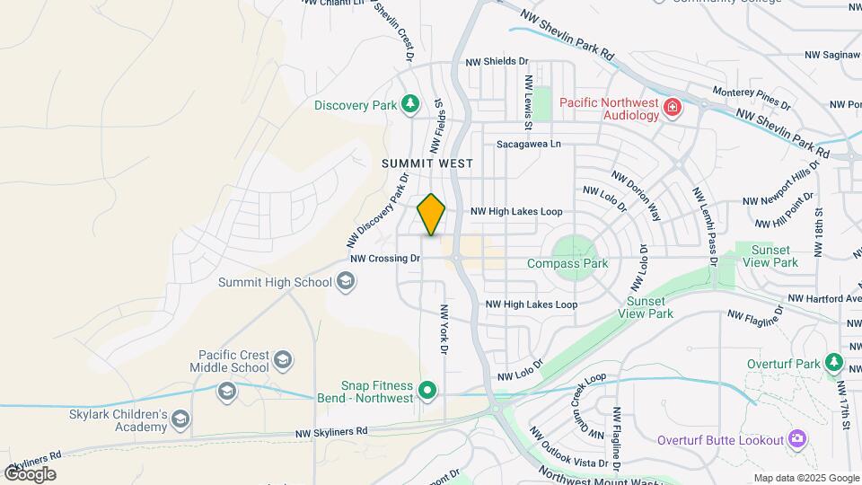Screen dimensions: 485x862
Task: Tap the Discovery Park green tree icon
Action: [x=410, y=105]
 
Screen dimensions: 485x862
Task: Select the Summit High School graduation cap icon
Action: [x=345, y=283]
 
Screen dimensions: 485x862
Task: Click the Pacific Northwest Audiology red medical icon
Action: [x=672, y=109]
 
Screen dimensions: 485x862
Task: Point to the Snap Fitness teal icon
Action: [x=428, y=391]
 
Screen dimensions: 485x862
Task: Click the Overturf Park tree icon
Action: [x=835, y=364]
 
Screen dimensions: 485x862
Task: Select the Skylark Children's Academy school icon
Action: [x=180, y=419]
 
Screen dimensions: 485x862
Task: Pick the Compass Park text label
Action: [x=567, y=263]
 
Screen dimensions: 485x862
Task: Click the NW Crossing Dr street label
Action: [x=385, y=258]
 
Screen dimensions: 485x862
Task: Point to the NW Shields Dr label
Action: [x=497, y=61]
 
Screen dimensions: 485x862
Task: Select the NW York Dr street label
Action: [x=443, y=330]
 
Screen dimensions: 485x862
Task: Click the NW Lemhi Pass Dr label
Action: [x=705, y=225]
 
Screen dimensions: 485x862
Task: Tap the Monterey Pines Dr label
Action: [x=751, y=95]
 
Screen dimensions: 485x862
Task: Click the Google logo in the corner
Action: [x=30, y=473]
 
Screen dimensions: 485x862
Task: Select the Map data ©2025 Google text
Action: [x=805, y=478]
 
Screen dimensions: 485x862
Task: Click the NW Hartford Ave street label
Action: [x=824, y=298]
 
